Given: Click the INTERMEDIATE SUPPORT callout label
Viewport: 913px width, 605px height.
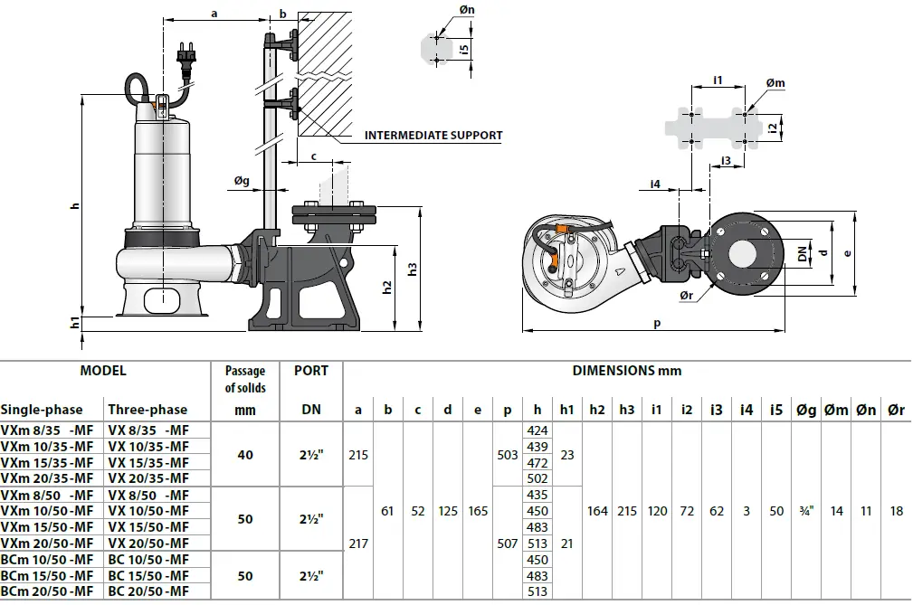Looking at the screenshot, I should click(x=433, y=136).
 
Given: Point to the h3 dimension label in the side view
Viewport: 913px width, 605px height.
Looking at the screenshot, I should click(x=412, y=269).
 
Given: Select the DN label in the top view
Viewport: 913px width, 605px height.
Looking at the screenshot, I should click(x=802, y=254).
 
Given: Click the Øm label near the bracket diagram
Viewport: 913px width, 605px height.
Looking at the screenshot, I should click(x=775, y=83).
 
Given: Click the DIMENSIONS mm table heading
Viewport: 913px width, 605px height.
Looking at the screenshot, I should click(x=626, y=371).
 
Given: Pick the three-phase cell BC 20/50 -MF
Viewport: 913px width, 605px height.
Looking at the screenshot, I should click(x=148, y=591).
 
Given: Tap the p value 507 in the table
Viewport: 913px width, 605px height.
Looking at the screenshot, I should click(x=508, y=544).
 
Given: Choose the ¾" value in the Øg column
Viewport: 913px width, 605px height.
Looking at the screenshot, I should click(x=805, y=511).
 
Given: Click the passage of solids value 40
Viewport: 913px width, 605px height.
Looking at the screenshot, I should click(x=245, y=455).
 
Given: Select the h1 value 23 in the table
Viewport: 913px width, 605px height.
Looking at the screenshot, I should click(x=567, y=455).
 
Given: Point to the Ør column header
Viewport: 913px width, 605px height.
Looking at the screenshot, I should click(x=896, y=410).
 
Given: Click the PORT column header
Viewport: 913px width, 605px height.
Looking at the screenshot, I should click(x=311, y=371).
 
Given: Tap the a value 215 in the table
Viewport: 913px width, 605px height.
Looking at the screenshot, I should click(x=358, y=455).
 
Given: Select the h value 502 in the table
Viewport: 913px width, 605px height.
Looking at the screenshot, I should click(x=537, y=478).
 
